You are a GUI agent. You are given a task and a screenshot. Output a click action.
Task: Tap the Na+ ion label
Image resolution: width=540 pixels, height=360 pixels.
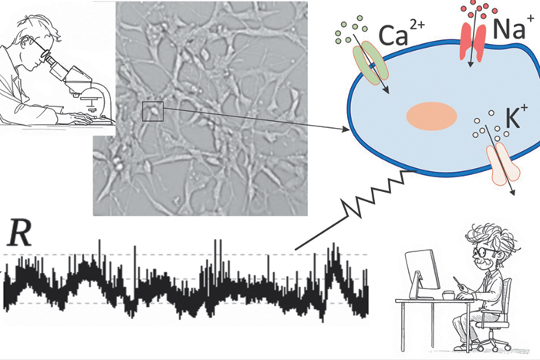(x=509, y=29)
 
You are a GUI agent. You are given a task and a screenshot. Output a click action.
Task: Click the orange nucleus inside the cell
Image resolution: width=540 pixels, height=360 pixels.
(x=431, y=116)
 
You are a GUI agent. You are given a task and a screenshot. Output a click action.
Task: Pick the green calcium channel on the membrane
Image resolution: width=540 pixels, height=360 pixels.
(x=370, y=63)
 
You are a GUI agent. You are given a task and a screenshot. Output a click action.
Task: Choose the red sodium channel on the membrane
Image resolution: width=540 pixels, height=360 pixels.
(x=473, y=41)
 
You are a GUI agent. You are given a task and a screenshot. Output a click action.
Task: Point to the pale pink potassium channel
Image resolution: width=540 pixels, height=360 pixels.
(x=502, y=163)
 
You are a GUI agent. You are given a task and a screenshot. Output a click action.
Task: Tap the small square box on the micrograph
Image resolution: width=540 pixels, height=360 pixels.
(x=153, y=111)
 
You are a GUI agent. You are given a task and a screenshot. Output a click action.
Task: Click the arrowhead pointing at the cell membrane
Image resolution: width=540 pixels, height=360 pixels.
(x=346, y=130)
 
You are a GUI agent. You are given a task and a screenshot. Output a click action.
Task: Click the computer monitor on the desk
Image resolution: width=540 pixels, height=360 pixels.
(x=421, y=274)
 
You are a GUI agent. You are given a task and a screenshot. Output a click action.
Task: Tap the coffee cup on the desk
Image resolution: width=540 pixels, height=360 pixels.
(x=449, y=295)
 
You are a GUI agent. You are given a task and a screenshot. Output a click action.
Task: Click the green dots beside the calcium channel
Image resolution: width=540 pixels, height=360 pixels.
(x=349, y=29)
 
